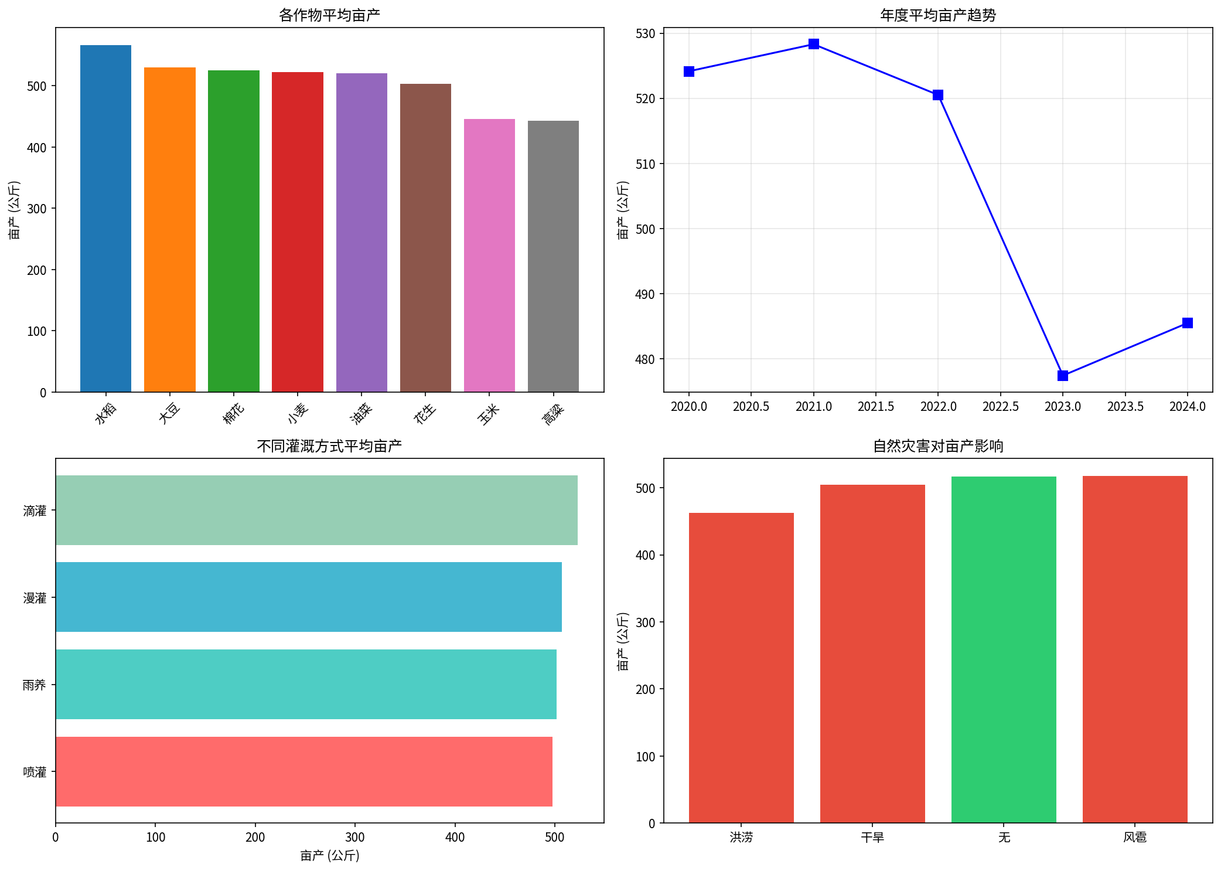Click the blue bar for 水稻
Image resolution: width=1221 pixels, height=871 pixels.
[x=105, y=218]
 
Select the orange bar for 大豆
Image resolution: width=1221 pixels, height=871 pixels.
[x=169, y=229]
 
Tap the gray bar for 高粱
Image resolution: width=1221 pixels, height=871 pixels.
[x=553, y=256]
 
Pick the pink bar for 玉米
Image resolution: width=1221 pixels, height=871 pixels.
[x=489, y=255]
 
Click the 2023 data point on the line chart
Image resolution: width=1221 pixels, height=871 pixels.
[x=1063, y=376]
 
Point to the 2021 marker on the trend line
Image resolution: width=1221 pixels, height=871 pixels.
[x=814, y=44]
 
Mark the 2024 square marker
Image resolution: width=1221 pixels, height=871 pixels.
[x=1188, y=323]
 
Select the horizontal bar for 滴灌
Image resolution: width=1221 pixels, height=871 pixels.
[x=316, y=510]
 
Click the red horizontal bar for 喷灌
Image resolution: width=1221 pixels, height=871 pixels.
[x=303, y=771]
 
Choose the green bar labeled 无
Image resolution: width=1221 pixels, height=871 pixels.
[x=1004, y=649]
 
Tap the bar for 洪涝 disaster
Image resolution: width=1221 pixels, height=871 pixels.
[x=741, y=668]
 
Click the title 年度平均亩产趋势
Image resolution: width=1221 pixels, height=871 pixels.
[x=938, y=15]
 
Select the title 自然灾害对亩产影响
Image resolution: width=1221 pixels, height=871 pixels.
[x=938, y=446]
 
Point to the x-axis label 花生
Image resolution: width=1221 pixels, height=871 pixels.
[x=425, y=413]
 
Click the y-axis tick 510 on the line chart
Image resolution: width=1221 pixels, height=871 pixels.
[x=645, y=164]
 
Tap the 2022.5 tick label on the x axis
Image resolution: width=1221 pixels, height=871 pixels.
[x=1001, y=407]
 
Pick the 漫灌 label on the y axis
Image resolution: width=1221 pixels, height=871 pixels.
[x=35, y=598]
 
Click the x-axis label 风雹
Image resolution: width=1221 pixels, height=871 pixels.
[x=1135, y=838]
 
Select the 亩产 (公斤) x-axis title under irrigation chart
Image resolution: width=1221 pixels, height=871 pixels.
[x=329, y=856]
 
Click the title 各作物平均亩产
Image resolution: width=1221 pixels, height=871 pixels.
[x=329, y=15]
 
